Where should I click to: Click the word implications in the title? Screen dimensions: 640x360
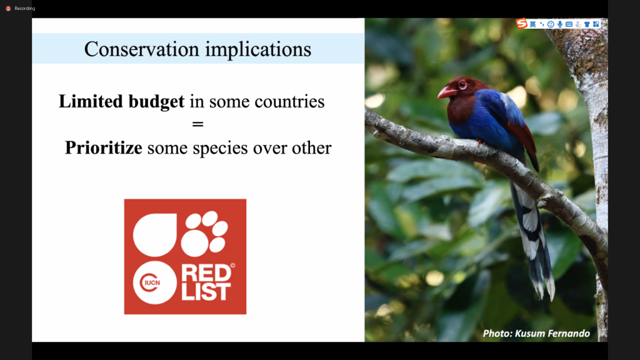[x=258, y=50]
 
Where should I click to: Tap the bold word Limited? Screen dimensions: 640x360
[x=91, y=101]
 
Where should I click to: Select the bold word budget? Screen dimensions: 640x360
[x=156, y=102]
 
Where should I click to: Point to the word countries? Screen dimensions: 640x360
[x=289, y=102]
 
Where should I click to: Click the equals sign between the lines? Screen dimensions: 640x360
[x=197, y=124]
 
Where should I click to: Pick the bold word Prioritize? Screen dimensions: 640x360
[x=104, y=147]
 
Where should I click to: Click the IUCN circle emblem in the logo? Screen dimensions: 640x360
[x=155, y=282]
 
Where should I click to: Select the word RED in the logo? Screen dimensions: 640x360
[x=206, y=273]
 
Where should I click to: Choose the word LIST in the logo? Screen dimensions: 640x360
[x=206, y=292]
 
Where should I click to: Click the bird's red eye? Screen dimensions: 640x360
[x=462, y=85]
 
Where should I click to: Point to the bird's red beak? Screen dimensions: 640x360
[x=447, y=92]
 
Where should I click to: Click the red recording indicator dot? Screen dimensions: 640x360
[x=8, y=8]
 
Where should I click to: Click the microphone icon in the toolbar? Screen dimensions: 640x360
[x=560, y=24]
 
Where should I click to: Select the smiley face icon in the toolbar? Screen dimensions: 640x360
[x=551, y=24]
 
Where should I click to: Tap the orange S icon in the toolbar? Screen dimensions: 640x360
[x=522, y=24]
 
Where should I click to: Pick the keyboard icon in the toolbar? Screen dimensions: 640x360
[x=569, y=24]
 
